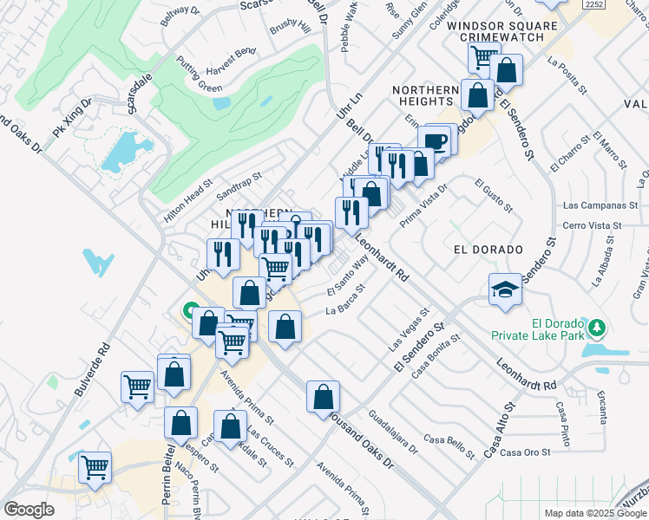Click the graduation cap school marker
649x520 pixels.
click(505, 289)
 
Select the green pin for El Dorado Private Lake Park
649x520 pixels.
click(595, 327)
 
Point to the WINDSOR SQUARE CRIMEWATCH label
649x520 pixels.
click(502, 33)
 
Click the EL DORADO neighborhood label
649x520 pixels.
click(488, 249)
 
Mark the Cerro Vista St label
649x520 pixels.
click(593, 224)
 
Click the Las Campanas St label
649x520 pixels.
click(594, 206)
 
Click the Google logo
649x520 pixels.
click(29, 510)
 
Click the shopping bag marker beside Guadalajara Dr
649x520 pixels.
click(323, 397)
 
